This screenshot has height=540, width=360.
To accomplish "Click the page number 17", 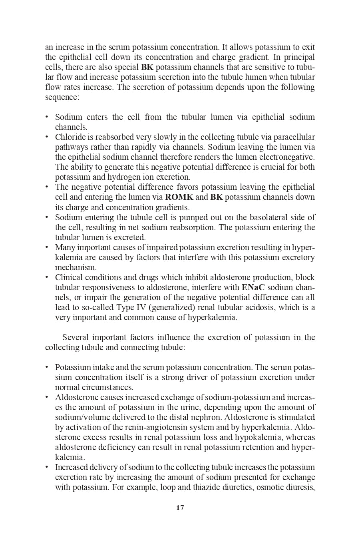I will pos(180,508).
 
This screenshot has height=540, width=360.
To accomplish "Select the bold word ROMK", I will pos(179,197).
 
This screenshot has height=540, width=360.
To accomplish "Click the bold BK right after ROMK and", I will pos(216,197).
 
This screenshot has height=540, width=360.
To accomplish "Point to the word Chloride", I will pos(69,137).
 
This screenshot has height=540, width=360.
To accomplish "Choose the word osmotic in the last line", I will pos(269,487).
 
